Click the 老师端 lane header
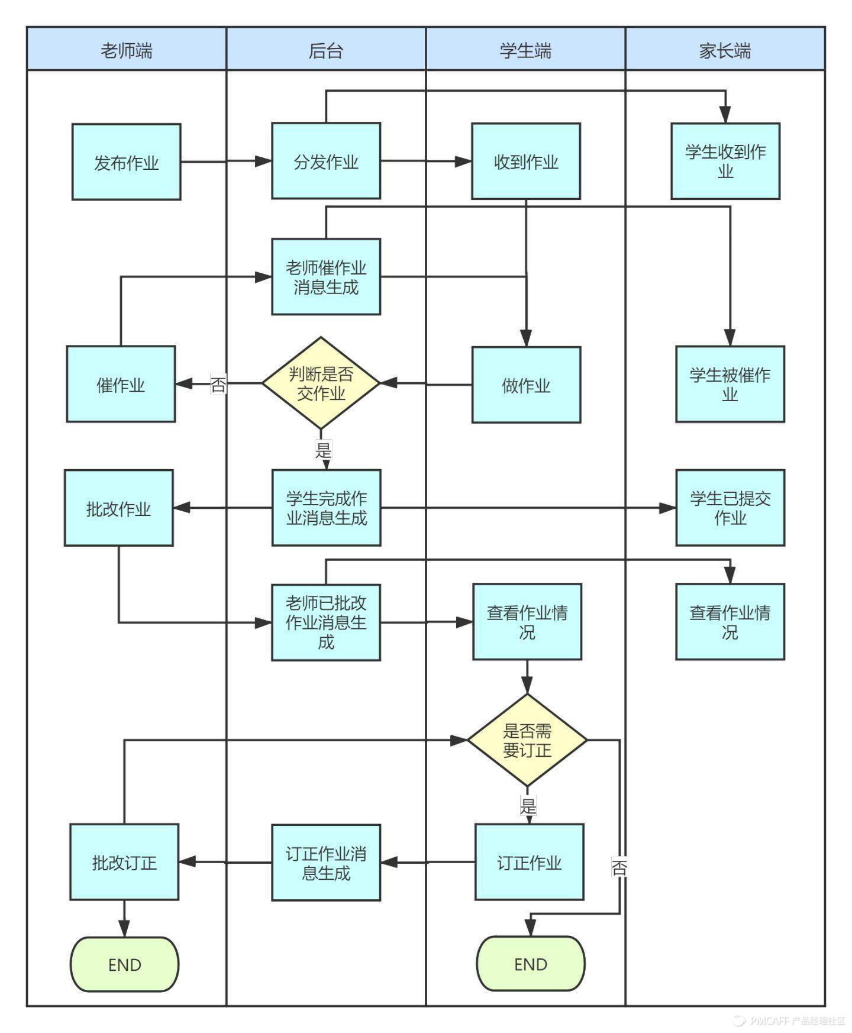point(126,50)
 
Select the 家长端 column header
point(725,50)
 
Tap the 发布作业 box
point(126,162)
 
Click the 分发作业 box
point(326,161)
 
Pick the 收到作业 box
point(525,161)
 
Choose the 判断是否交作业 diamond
point(321,383)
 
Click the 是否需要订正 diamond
point(527,740)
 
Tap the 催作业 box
point(121,384)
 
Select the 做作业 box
point(526,385)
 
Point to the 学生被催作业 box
point(730,384)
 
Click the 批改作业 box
point(118,508)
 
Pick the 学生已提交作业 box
point(730,508)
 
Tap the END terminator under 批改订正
point(124,964)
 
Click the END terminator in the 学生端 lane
point(531,964)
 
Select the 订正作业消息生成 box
point(326,863)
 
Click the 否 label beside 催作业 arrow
point(218,385)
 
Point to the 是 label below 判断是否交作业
point(323,450)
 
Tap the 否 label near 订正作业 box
point(619,868)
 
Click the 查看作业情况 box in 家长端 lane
point(730,622)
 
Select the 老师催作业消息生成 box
point(326,276)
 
